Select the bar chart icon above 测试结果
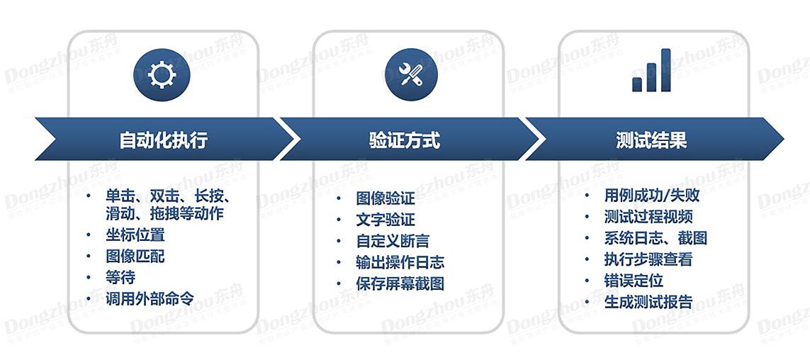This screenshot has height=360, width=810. coord(651,70)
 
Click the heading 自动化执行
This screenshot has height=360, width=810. coord(164,140)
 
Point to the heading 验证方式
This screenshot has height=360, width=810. coord(405,140)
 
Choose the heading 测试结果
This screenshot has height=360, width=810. coord(651,140)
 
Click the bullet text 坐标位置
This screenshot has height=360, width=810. coord(135,235)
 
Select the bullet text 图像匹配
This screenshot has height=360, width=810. coord(135,256)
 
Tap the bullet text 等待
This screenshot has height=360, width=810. coord(120,277)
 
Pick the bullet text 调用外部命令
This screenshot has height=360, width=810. coord(150,298)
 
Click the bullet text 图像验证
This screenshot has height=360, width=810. coord(386,198)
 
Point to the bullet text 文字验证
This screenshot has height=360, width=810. coord(386,220)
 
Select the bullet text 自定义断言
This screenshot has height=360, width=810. coord(393,241)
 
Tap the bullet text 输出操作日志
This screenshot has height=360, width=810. coord(400,262)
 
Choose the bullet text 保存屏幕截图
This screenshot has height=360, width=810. coord(400,283)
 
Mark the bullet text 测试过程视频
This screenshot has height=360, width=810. coord(648,217)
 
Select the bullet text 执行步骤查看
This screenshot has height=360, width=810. coord(648,259)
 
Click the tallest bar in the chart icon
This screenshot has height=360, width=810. coord(665,69)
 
